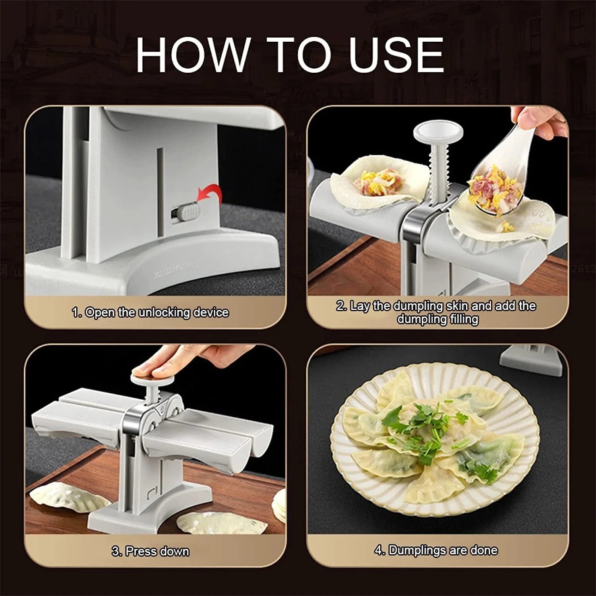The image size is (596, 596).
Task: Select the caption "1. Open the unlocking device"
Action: click(150, 312)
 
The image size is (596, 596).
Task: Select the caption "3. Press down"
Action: click(150, 551)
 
